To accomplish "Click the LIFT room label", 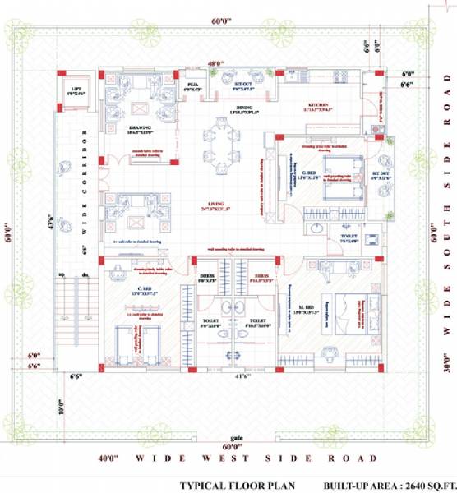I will pyautogui.click(x=76, y=90).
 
